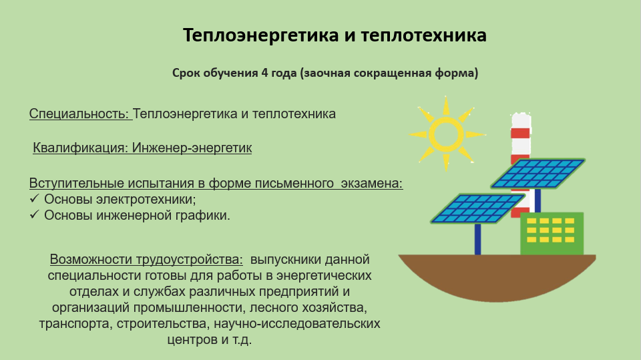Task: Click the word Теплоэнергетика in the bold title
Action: point(261,35)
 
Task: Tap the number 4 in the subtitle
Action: point(264,73)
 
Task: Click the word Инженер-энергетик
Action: point(192,148)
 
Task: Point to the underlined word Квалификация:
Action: point(81,148)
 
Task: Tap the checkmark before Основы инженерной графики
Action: point(34,214)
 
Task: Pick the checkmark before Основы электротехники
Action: point(34,198)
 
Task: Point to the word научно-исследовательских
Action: point(296,323)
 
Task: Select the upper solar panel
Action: point(538,174)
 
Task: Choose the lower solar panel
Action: point(477,208)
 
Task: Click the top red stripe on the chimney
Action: point(520,133)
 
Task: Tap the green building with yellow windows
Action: point(552,234)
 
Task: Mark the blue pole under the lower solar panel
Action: point(477,239)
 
